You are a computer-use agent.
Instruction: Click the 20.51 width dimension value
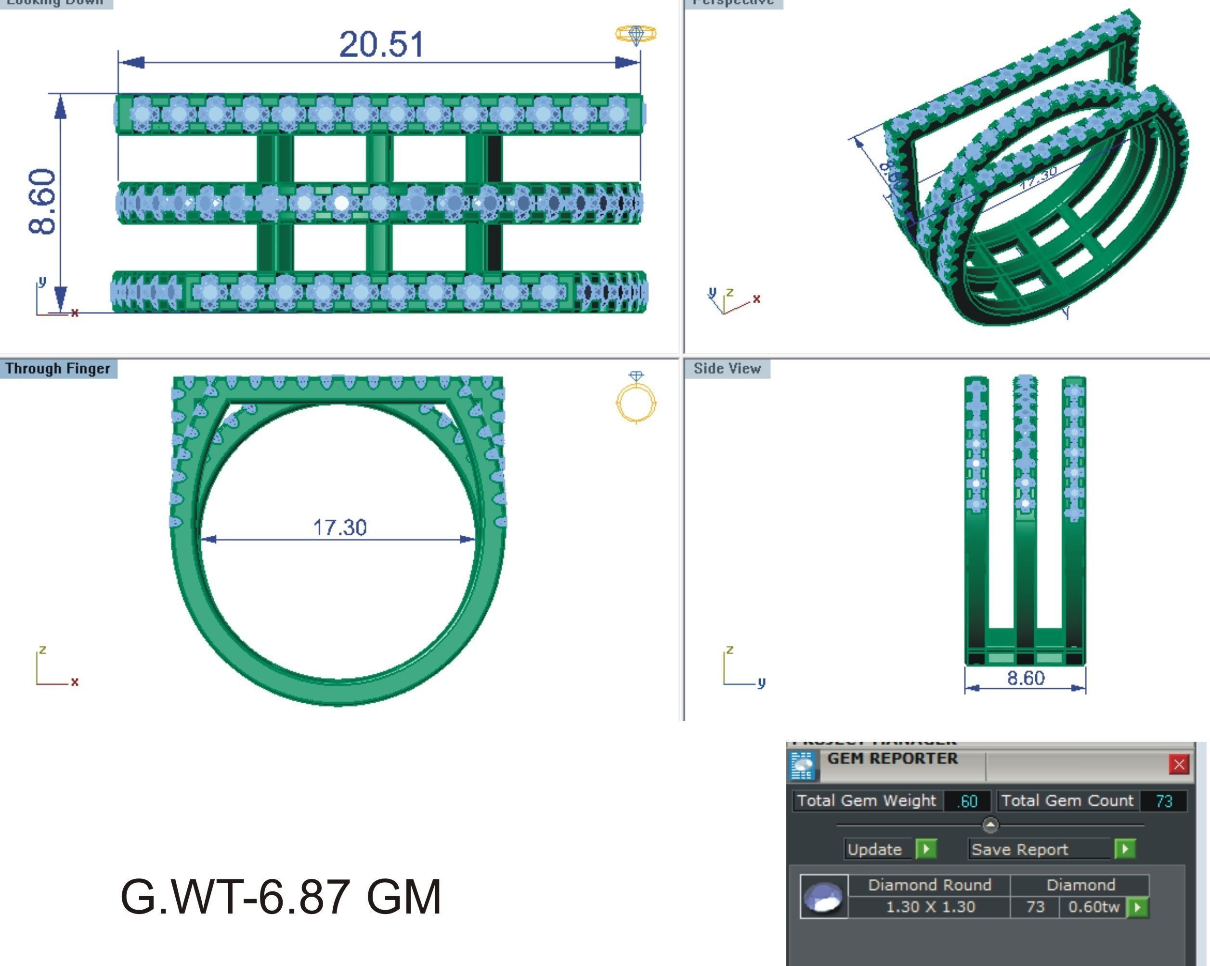(382, 45)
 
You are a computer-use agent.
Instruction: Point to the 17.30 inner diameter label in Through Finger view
(339, 528)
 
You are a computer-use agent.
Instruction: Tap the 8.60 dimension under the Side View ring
(1026, 678)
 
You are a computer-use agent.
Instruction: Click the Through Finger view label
(58, 369)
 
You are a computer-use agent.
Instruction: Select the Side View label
(727, 369)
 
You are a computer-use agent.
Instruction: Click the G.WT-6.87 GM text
(281, 896)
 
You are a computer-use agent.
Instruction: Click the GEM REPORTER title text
(892, 759)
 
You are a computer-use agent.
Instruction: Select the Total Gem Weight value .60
(967, 801)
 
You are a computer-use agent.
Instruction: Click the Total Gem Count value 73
(1164, 801)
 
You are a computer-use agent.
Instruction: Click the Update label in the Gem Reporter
(874, 850)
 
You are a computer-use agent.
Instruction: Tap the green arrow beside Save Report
(1125, 849)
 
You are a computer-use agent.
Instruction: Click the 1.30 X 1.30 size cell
(930, 906)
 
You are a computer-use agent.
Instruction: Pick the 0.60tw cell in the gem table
(1093, 906)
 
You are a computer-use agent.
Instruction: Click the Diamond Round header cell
(929, 885)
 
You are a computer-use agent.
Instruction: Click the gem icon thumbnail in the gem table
(823, 896)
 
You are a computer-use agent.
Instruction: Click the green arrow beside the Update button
(925, 849)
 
